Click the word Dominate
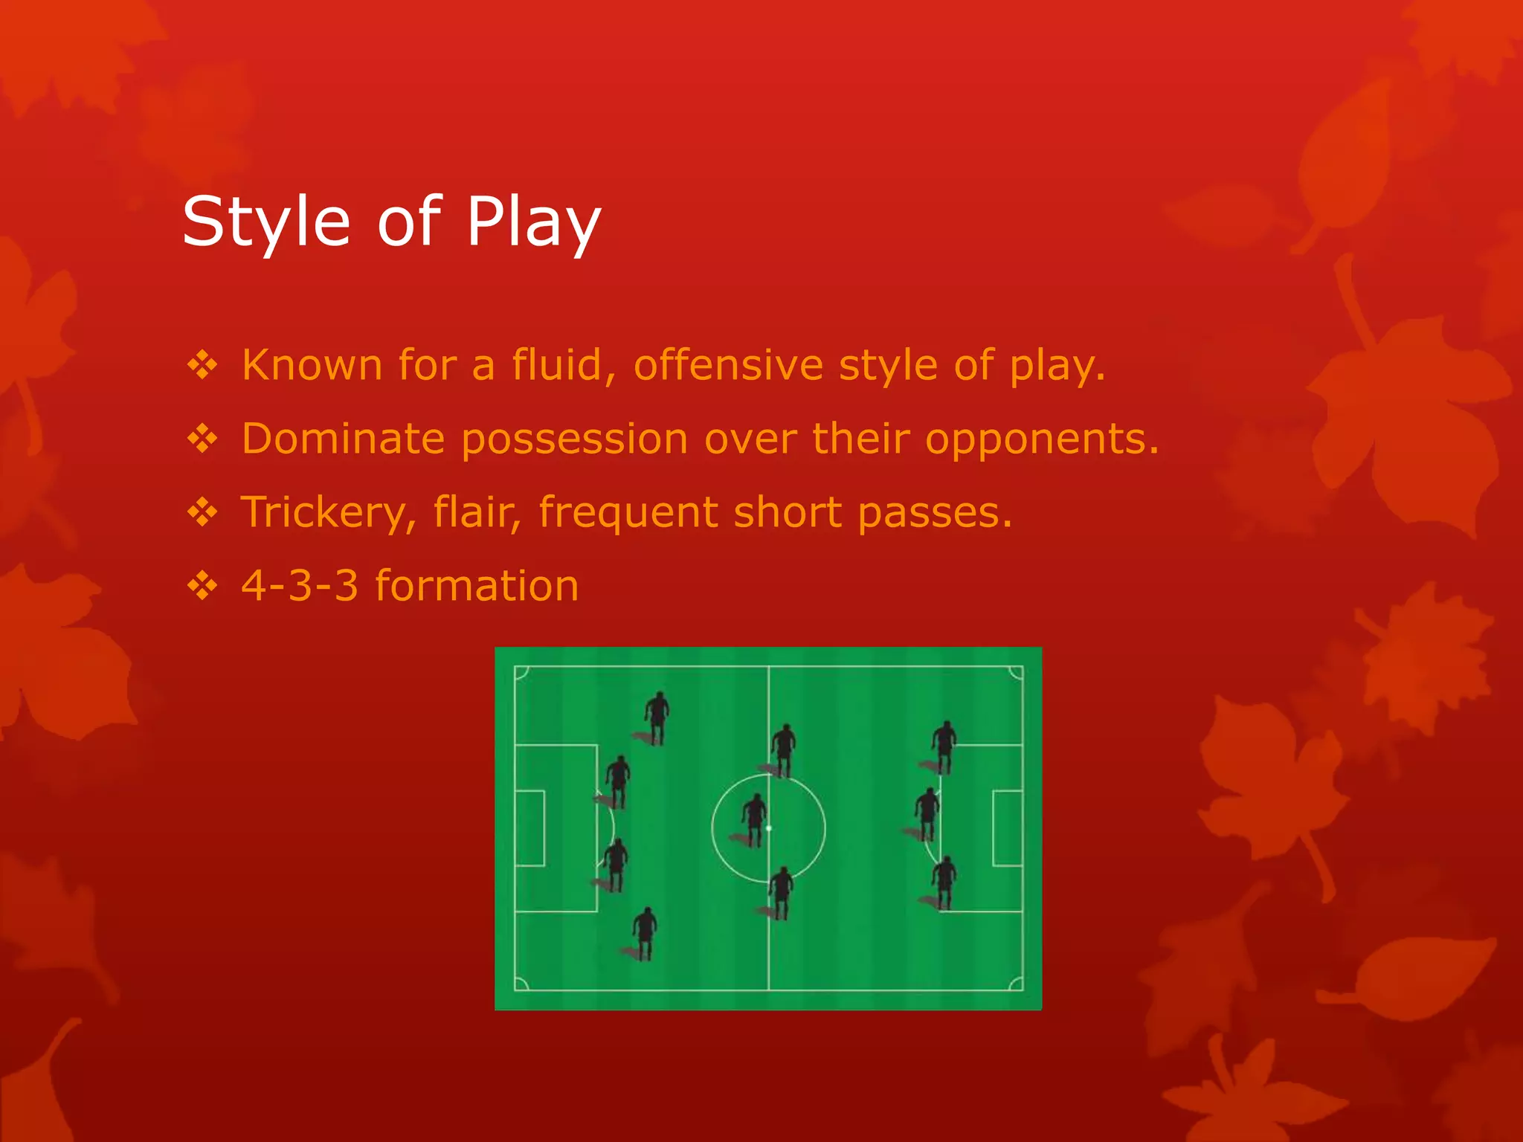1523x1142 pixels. tap(343, 438)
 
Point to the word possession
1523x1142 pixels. tap(574, 438)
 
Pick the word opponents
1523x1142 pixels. tap(1042, 439)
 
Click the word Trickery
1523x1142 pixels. tap(328, 512)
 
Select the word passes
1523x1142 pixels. tap(935, 512)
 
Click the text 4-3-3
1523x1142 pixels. tap(300, 585)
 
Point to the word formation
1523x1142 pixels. tap(477, 585)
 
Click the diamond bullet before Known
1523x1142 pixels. tap(202, 365)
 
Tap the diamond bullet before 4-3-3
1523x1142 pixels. tap(202, 586)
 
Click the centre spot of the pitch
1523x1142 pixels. tap(769, 828)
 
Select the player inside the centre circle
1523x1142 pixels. tap(754, 818)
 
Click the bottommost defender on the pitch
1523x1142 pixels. tap(645, 933)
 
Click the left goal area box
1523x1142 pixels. tap(529, 828)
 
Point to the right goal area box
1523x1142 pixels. tap(1008, 828)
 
